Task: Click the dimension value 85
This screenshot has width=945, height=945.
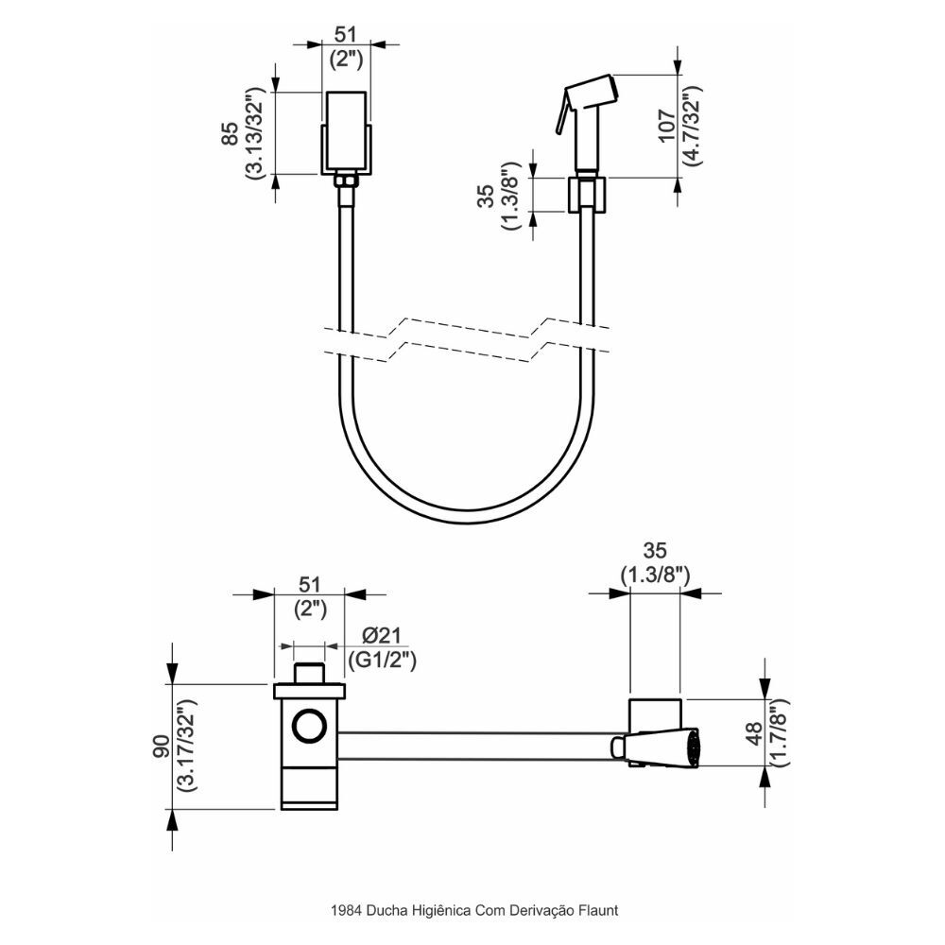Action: click(x=229, y=134)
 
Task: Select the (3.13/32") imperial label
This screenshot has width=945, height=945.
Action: click(x=253, y=134)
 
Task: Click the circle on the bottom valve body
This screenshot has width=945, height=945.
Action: click(x=308, y=727)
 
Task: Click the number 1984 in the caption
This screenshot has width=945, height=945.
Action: click(x=344, y=911)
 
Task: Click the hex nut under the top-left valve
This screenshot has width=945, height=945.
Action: click(x=347, y=178)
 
